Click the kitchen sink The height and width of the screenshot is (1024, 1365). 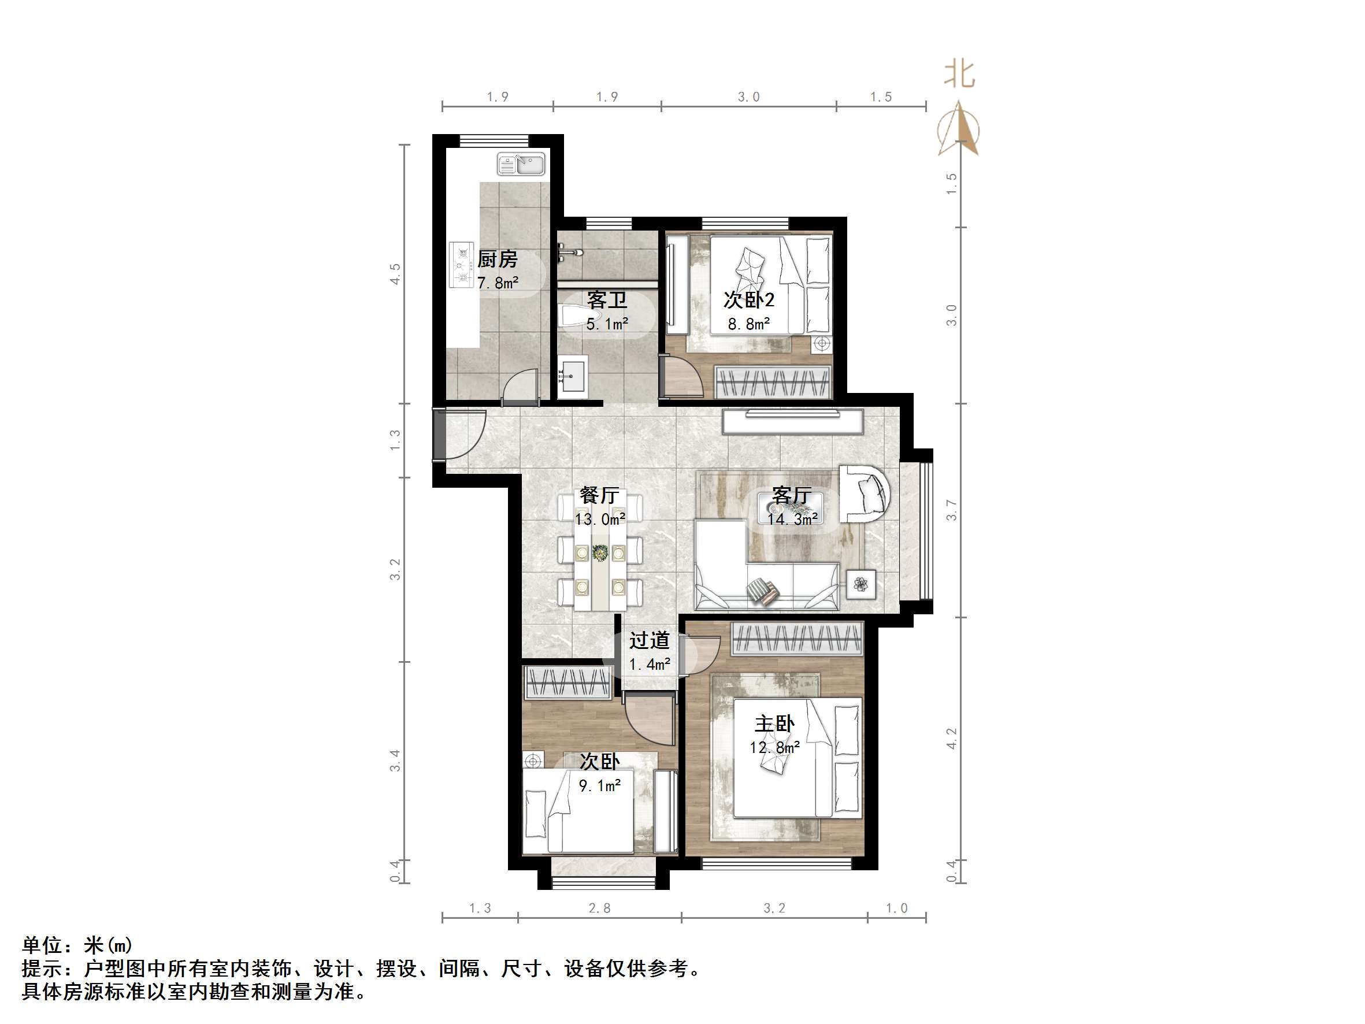pyautogui.click(x=521, y=164)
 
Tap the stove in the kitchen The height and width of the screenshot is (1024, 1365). pyautogui.click(x=461, y=265)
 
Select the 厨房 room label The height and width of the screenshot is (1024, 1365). pyautogui.click(x=498, y=259)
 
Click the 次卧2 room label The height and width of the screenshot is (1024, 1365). pyautogui.click(x=748, y=300)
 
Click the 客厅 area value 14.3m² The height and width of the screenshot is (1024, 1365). pyautogui.click(x=792, y=519)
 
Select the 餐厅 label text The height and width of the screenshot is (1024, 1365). pyautogui.click(x=599, y=495)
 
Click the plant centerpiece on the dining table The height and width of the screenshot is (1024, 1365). pyautogui.click(x=599, y=553)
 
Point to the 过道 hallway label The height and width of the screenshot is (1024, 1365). pyautogui.click(x=649, y=641)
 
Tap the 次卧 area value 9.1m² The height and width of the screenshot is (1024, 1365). pyautogui.click(x=599, y=786)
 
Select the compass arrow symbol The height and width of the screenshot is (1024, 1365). pyautogui.click(x=958, y=129)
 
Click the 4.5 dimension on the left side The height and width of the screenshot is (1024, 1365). pyautogui.click(x=395, y=273)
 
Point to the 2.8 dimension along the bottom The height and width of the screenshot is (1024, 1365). pyautogui.click(x=599, y=908)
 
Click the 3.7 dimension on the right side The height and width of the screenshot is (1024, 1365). pyautogui.click(x=952, y=510)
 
